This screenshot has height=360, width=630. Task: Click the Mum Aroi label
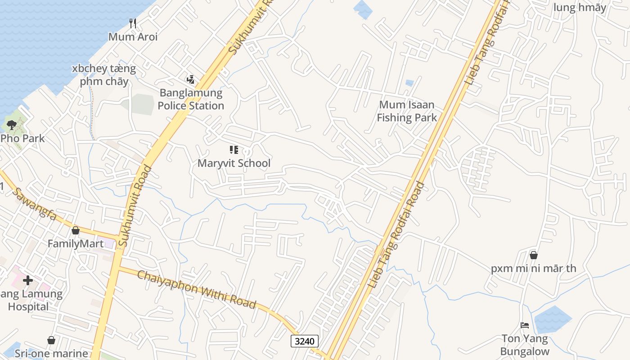click(x=133, y=37)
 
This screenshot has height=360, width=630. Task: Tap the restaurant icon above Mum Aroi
click(x=133, y=23)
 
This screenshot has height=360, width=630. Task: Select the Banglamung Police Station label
click(x=191, y=99)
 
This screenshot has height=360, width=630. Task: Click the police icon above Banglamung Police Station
click(x=191, y=80)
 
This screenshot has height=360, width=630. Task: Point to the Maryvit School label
click(x=234, y=163)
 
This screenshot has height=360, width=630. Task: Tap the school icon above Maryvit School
click(x=234, y=150)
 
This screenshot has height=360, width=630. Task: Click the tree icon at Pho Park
click(x=11, y=125)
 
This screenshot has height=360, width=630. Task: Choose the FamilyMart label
click(x=76, y=244)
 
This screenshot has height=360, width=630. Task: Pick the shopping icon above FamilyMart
click(x=76, y=230)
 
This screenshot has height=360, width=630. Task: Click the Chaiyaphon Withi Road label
click(x=196, y=289)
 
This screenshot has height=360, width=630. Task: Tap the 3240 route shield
click(x=305, y=341)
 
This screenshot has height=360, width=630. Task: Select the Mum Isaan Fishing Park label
click(x=407, y=111)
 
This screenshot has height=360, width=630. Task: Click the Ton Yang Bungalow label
click(x=525, y=345)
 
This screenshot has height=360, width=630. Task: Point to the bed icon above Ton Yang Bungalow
click(x=525, y=325)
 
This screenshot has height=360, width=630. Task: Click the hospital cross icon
click(x=28, y=280)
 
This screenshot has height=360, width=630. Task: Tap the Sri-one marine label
click(x=51, y=353)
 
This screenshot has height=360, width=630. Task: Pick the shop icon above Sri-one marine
click(x=51, y=340)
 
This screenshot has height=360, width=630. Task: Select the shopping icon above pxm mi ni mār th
click(x=534, y=255)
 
